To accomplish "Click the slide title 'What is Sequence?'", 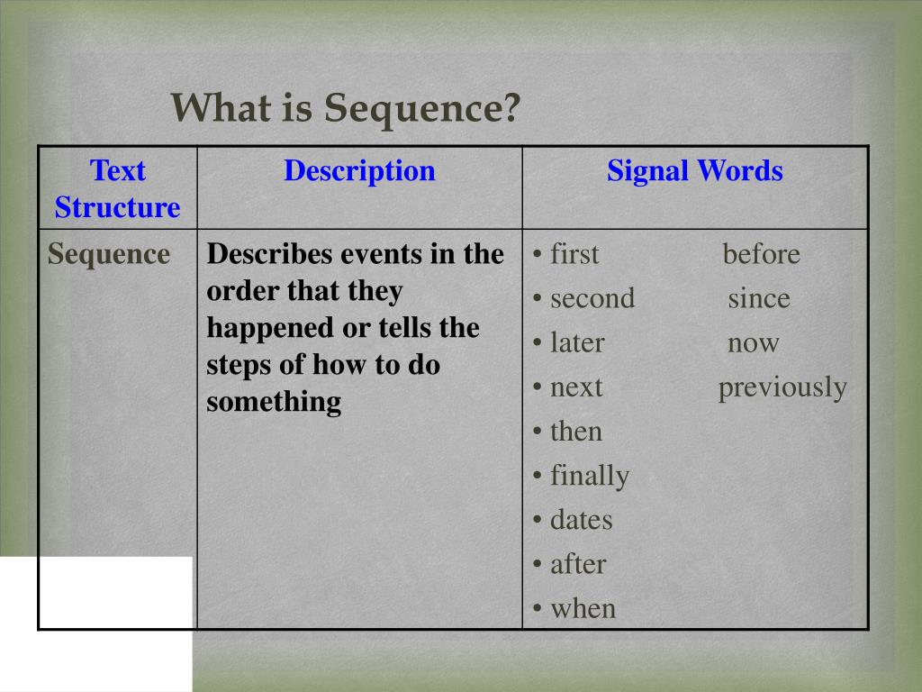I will coord(347,108).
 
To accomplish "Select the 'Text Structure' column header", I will coord(117,188).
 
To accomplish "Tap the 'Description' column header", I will coord(359,170).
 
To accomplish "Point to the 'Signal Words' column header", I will coord(694,170).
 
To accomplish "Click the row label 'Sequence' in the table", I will coord(109,254).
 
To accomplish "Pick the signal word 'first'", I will coord(574,254).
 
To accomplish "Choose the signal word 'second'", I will coord(592,298).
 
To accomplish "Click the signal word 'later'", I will coord(576,342).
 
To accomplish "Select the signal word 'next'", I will coord(576,387).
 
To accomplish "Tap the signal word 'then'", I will coord(575,432).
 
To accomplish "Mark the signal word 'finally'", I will coord(589,476).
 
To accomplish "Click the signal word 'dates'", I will coord(581,520).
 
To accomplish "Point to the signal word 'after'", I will coord(578,564).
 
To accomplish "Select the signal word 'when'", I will coord(583,608).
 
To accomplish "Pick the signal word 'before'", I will coord(761,254).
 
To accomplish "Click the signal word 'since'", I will coord(759,298).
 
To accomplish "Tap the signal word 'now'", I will coord(754,342).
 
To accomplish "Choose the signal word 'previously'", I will coord(782,387).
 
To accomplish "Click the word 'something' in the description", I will coord(274,401).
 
